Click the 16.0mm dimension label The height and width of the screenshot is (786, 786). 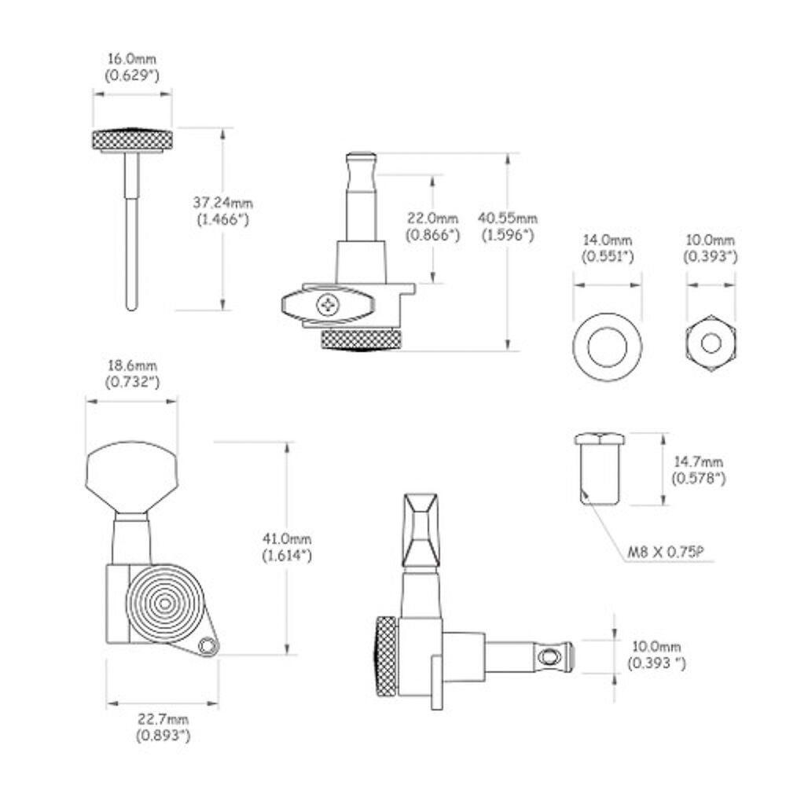(132, 59)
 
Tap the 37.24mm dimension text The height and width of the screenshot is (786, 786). (223, 203)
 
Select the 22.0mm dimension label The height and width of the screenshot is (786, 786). (432, 219)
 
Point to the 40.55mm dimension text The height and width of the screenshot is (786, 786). (508, 219)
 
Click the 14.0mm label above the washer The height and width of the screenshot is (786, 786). (608, 240)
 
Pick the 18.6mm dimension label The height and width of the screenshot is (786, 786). (132, 365)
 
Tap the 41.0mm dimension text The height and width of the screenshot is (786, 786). (287, 539)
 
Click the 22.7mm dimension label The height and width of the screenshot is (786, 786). (163, 719)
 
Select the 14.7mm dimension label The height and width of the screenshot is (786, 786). (698, 461)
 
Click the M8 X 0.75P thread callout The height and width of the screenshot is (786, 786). (667, 553)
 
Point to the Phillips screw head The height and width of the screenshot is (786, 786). (329, 304)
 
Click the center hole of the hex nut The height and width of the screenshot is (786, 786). (711, 344)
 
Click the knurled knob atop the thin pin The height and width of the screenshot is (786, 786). (132, 140)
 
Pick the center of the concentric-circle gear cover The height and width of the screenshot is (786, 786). (164, 604)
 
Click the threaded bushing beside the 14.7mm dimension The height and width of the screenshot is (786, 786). (600, 469)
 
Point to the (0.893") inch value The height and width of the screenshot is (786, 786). (163, 736)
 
